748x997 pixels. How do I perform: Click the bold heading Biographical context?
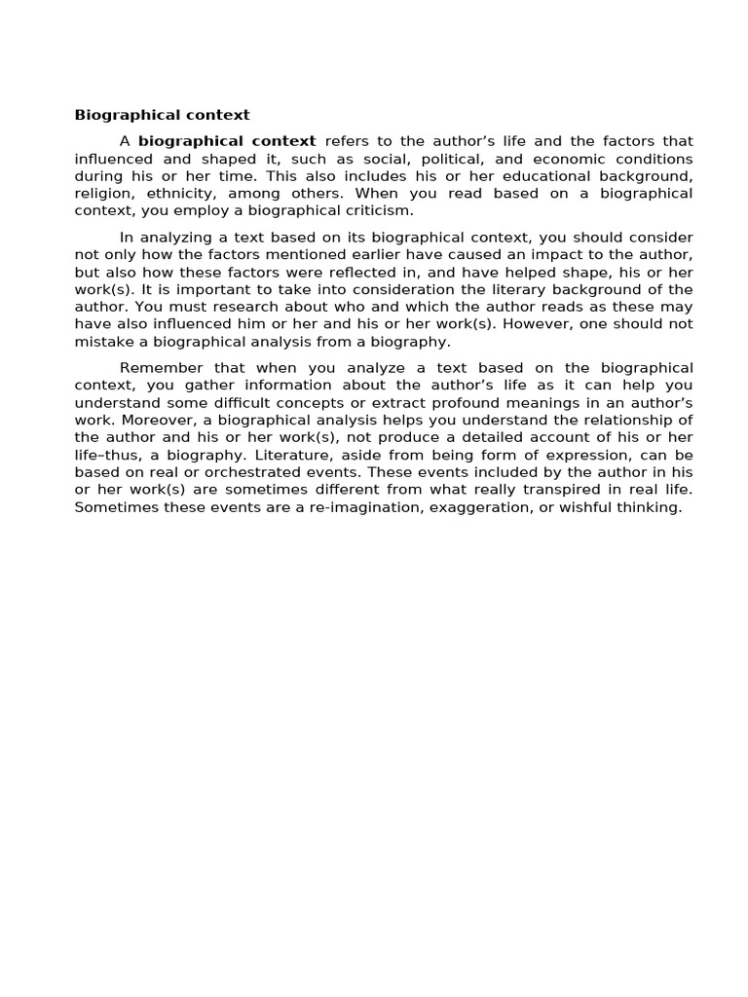163,115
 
